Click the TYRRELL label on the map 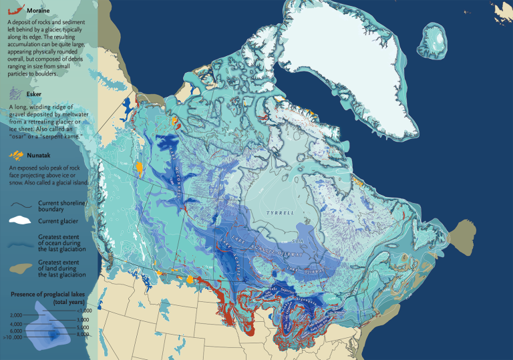click(280, 212)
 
